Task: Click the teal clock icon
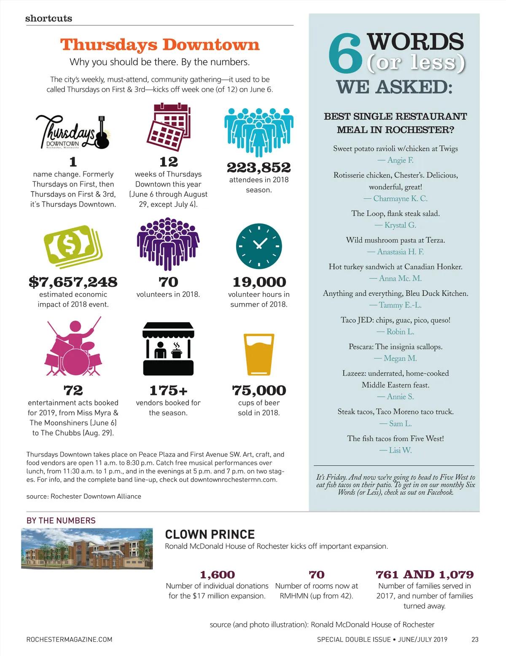coord(259,246)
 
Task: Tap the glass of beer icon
coord(259,354)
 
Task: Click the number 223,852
coord(259,168)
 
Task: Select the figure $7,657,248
coord(73,282)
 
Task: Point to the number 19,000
coord(259,282)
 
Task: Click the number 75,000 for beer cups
coord(259,390)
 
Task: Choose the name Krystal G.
coord(400,225)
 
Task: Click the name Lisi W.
coord(400,451)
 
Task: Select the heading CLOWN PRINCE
coord(210,534)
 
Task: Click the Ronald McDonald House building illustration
coord(87,549)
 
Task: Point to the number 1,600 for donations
coord(217,574)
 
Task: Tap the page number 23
coord(475,639)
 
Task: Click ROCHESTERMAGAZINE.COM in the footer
coord(69,639)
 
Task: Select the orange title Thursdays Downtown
coord(160,45)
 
